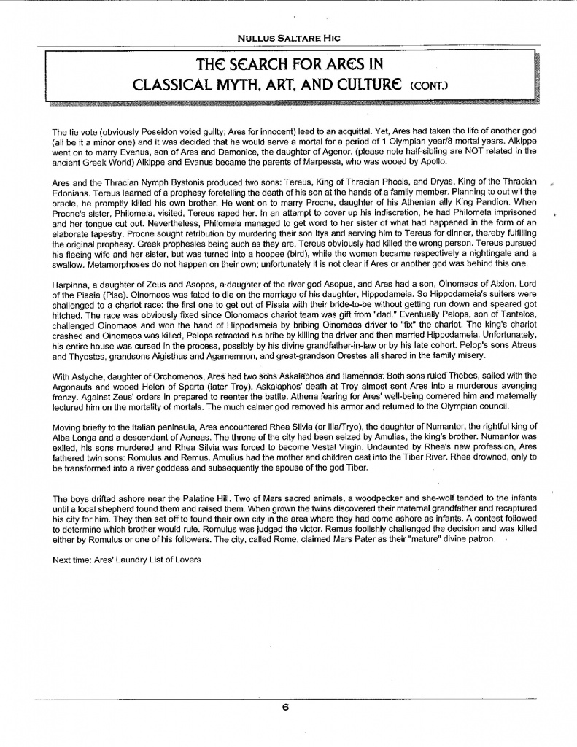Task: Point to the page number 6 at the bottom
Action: [287, 705]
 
